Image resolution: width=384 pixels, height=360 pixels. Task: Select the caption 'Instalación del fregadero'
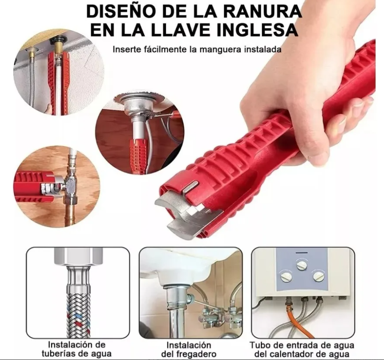click(x=189, y=349)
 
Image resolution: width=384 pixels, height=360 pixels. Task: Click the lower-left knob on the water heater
click(x=286, y=277)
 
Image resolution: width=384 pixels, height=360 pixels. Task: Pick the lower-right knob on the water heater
click(x=318, y=276)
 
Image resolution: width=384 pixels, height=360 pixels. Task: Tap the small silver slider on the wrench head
click(x=191, y=187)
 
